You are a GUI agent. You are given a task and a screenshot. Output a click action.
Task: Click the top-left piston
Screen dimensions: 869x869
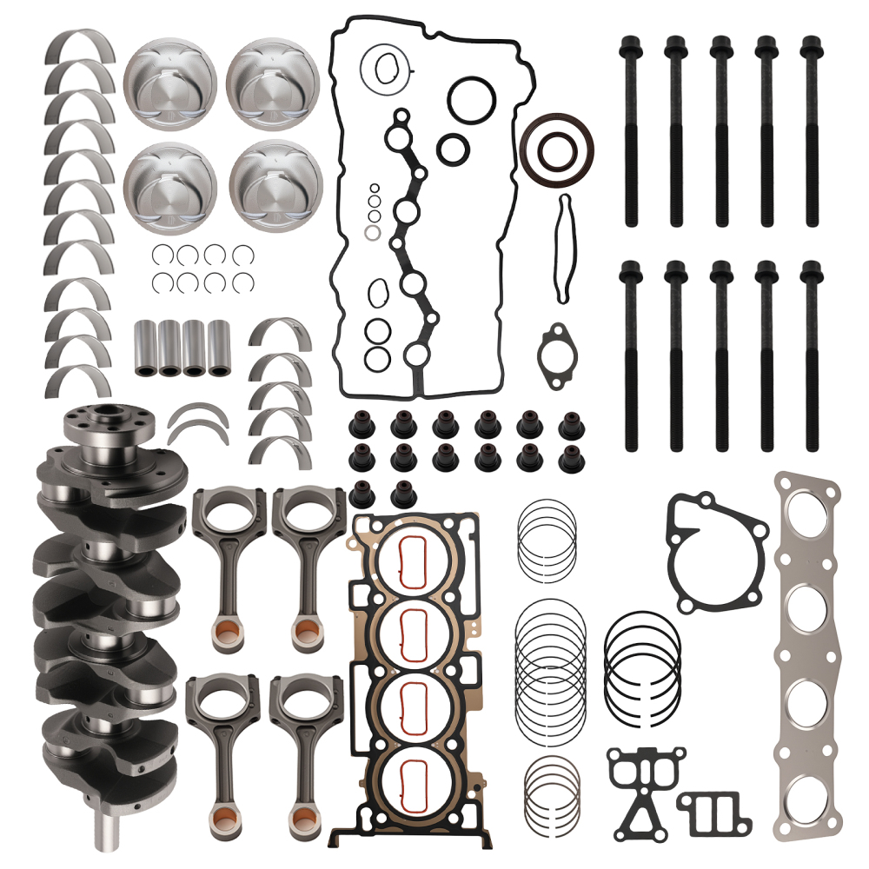tap(169, 83)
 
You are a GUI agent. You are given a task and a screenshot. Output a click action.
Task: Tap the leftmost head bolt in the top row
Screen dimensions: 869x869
tap(630, 130)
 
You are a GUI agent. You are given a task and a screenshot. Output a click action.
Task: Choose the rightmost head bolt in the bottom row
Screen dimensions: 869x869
tap(812, 356)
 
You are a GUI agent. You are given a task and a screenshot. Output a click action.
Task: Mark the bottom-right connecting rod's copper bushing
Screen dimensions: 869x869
tap(303, 816)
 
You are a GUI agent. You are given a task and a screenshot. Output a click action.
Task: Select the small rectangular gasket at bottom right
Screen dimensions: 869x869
tap(713, 813)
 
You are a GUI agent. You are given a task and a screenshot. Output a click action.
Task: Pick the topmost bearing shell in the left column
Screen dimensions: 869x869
tap(80, 49)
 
